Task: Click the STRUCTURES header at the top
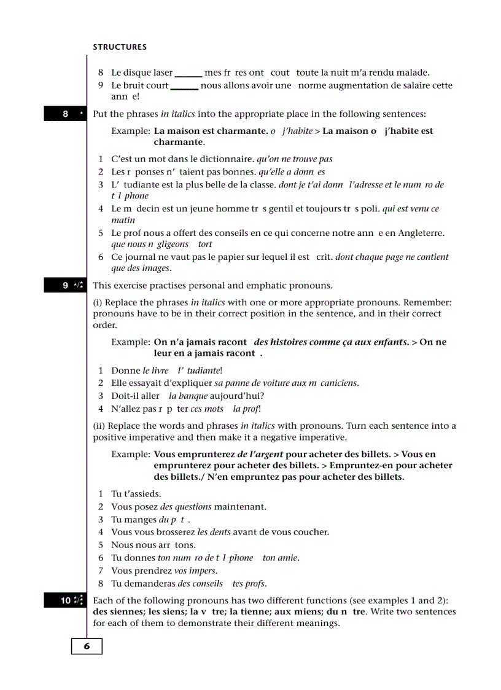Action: pos(120,47)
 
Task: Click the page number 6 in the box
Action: pos(87,646)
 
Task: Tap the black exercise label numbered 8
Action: pos(66,114)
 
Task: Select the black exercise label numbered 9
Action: pos(66,285)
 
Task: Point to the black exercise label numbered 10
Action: pos(66,600)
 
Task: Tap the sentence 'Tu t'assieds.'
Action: pos(136,494)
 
